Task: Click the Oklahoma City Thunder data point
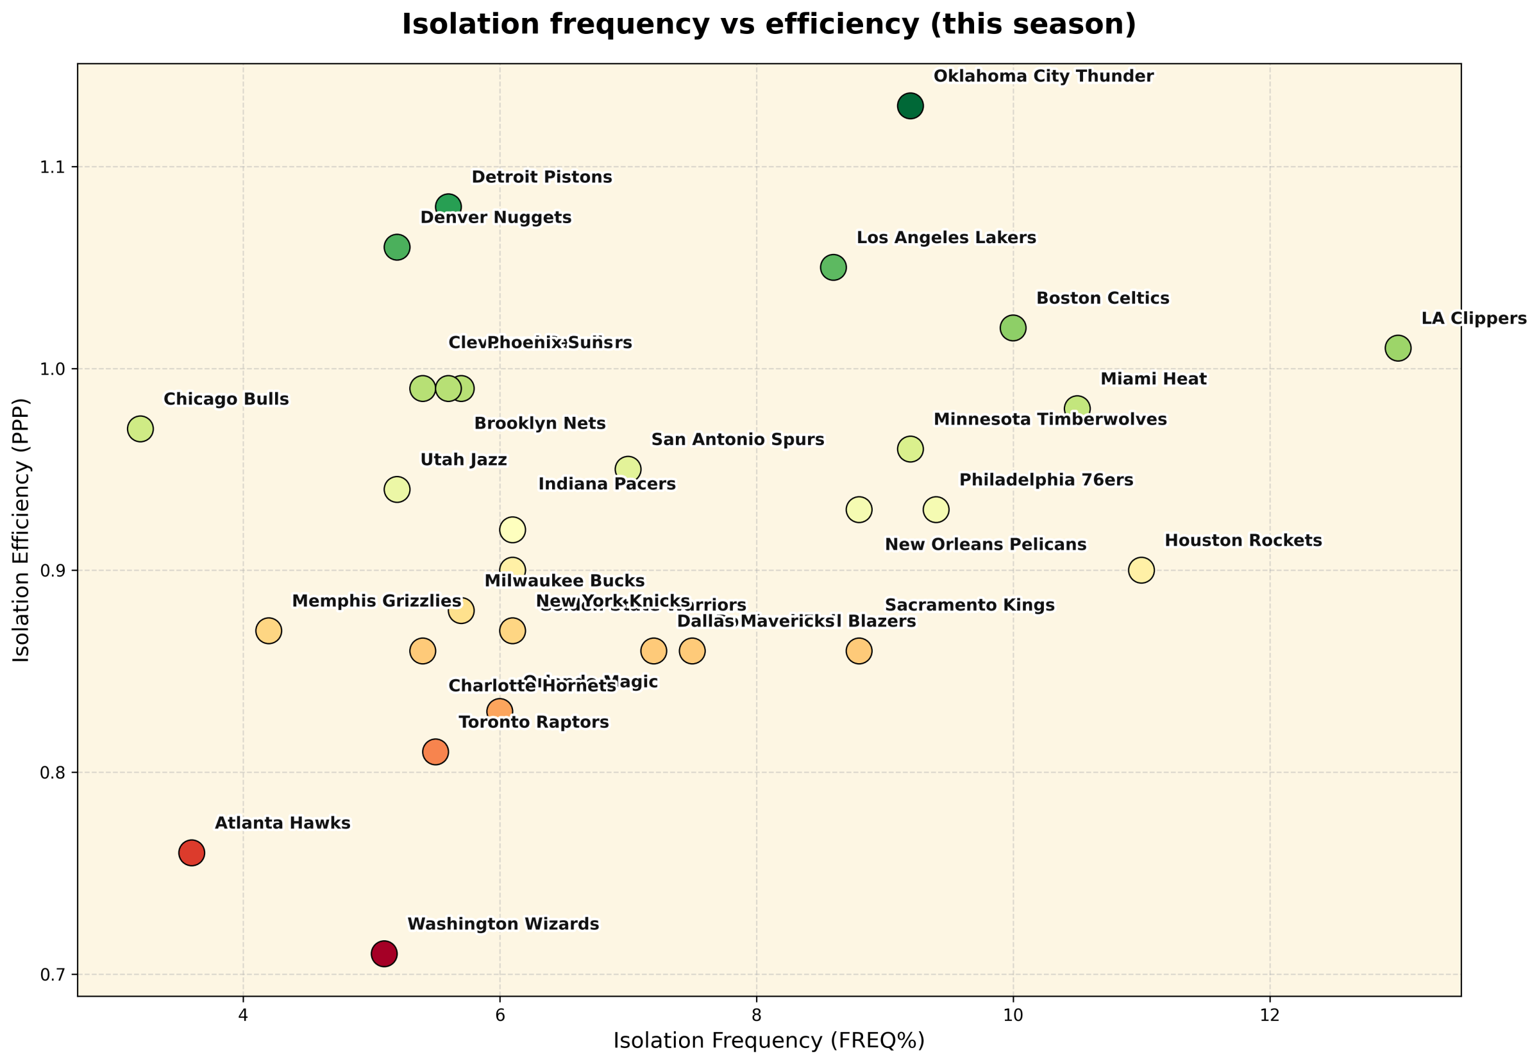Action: [910, 105]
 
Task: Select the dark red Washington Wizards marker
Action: [384, 954]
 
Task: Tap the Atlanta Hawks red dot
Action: [191, 852]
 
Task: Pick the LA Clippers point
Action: [1398, 348]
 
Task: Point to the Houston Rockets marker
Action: [1141, 570]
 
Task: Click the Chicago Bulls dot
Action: [140, 428]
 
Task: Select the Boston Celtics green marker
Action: [1013, 328]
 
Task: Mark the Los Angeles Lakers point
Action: [833, 267]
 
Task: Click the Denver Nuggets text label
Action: [496, 218]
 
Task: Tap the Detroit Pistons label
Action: [542, 177]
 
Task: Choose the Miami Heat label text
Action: [1153, 379]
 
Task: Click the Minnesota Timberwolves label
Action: [1050, 420]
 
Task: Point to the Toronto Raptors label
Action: [534, 723]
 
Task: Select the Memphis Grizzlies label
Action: [376, 602]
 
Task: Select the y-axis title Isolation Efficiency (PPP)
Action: [22, 530]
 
